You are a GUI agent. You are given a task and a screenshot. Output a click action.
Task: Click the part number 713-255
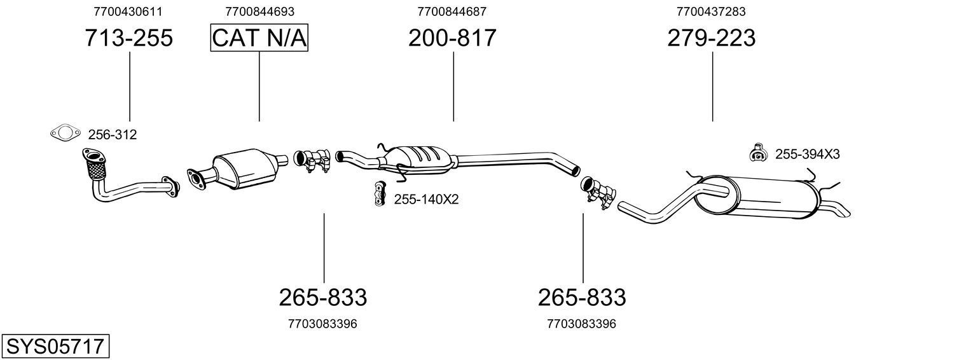pos(129,38)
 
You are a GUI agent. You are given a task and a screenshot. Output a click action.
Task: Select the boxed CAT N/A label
pos(259,38)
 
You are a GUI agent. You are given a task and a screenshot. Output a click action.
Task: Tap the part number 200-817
pos(452,38)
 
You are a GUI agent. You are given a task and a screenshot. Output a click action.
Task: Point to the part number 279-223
pos(712,38)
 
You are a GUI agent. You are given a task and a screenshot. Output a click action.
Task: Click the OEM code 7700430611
pos(128,11)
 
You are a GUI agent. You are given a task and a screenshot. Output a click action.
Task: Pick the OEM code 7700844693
pos(259,11)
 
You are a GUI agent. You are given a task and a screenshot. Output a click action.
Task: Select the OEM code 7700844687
pos(452,11)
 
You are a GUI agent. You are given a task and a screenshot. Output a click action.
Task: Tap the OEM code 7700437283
pos(711,11)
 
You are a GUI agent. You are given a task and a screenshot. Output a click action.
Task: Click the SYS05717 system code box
pos(55,347)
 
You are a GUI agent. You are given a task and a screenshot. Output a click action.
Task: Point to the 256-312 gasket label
pos(112,135)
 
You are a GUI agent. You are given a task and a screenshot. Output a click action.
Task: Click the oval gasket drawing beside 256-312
pos(65,134)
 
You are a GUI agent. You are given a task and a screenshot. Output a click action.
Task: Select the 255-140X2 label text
pos(426,199)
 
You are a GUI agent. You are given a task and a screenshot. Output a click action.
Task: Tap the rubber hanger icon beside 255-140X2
pos(380,194)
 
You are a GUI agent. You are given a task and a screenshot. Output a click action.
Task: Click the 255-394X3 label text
pos(807,154)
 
